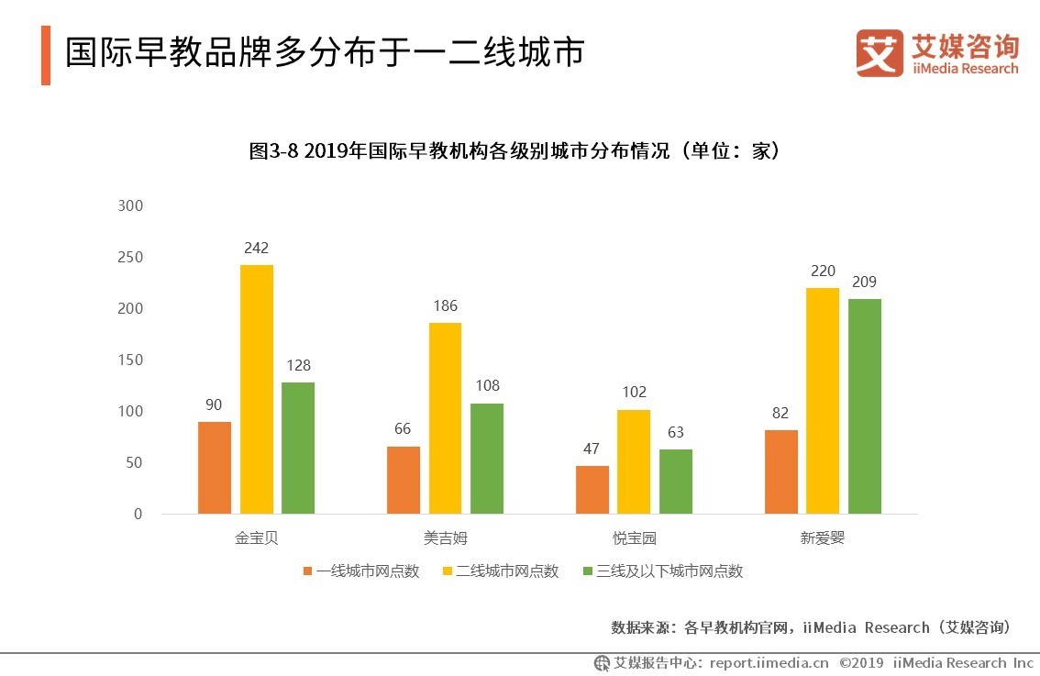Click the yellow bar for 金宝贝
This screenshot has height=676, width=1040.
coord(257,389)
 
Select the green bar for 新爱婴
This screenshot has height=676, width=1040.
coord(864,405)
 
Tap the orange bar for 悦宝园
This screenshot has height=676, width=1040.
coord(592,489)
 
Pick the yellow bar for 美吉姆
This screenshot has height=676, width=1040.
coord(445,417)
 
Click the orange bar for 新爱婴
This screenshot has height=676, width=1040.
coord(780,471)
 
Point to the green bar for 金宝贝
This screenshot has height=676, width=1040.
coord(298,448)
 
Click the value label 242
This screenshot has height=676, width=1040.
coord(257,249)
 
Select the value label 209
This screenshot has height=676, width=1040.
coord(864,283)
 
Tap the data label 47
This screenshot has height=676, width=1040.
coord(592,449)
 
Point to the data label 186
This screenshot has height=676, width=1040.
coord(445,306)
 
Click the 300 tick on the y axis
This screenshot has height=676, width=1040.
coord(131,205)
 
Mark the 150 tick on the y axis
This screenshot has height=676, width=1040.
coord(131,360)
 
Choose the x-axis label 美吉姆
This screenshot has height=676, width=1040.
coord(445,538)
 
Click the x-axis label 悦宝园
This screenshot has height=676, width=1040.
coord(634,538)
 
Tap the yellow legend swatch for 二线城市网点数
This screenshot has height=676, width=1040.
coord(448,571)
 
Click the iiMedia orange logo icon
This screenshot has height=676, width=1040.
coord(880,53)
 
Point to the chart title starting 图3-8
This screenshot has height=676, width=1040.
coord(519,151)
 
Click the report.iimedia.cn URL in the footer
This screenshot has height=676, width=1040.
coord(770,662)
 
